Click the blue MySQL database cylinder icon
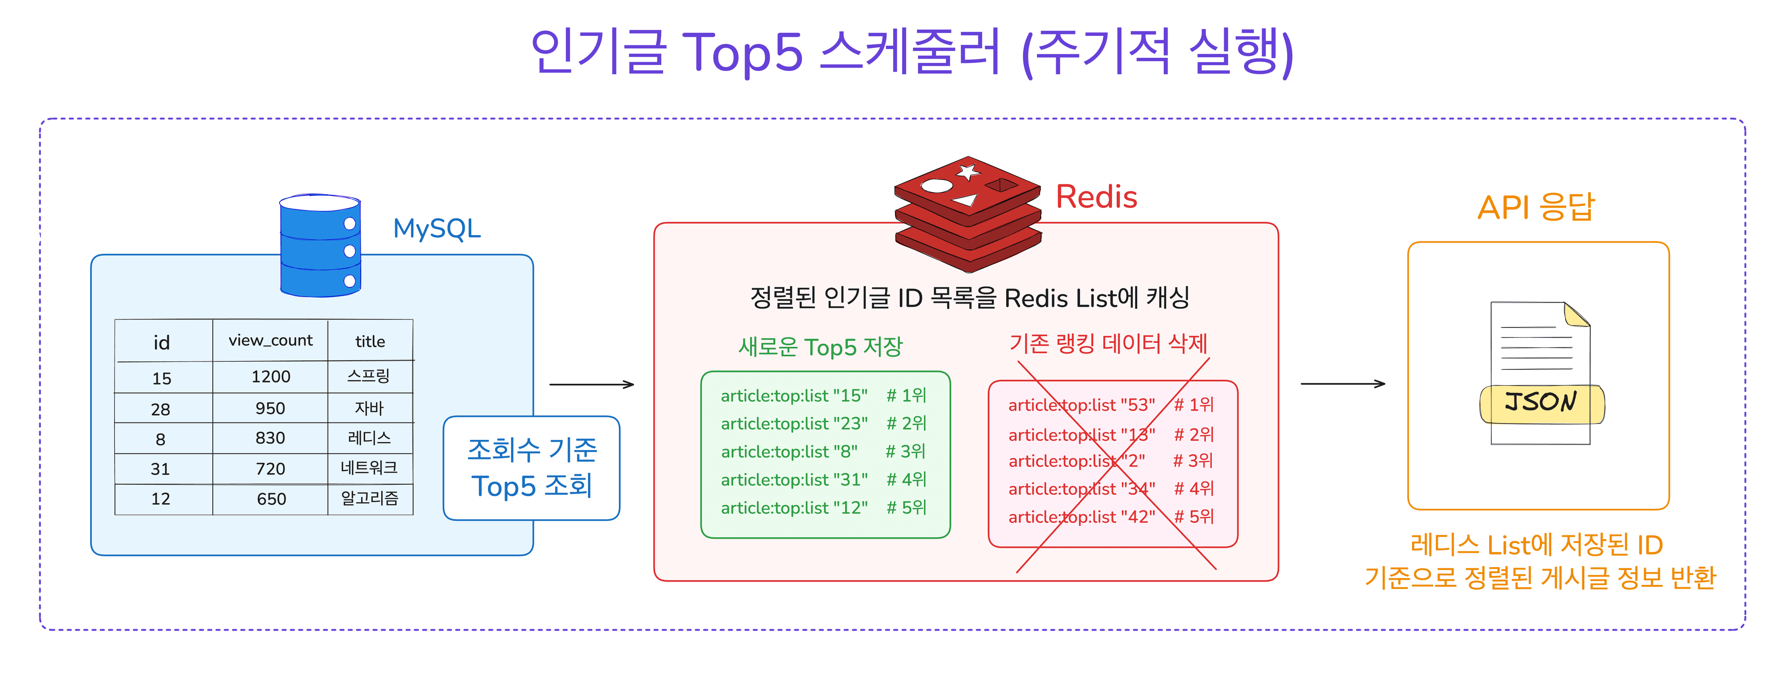pos(320,245)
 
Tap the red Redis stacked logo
pos(968,214)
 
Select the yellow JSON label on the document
pos(1541,403)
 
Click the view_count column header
pos(271,340)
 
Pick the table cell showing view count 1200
pos(271,377)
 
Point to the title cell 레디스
pos(370,438)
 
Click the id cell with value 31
pos(161,469)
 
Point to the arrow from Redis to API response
pos(1343,383)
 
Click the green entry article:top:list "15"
pos(794,396)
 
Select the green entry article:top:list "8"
pos(789,452)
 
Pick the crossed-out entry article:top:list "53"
pos(1082,405)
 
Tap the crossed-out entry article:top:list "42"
pos(1082,517)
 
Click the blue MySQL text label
pos(437,229)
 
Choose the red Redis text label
pos(1096,197)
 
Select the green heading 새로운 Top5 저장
pos(820,346)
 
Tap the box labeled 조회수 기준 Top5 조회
pos(532,468)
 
